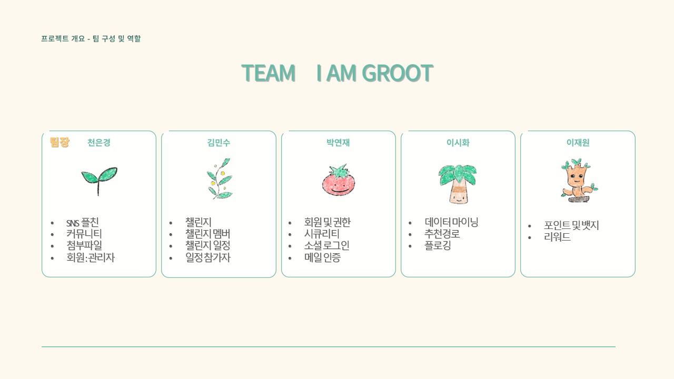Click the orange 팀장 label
pos(60,142)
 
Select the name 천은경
pos(99,143)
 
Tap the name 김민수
pos(219,143)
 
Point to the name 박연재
pos(338,143)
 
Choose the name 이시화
pos(458,143)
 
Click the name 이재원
pos(578,143)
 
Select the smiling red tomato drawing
pos(339,180)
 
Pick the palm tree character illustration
pos(458,183)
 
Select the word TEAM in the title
pos(268,73)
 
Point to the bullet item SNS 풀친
pos(82,223)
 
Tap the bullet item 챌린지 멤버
pos(207,234)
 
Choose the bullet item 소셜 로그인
pos(326,246)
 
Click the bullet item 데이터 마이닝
pos(451,222)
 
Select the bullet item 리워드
pos(557,237)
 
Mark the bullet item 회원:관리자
pos(90,258)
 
